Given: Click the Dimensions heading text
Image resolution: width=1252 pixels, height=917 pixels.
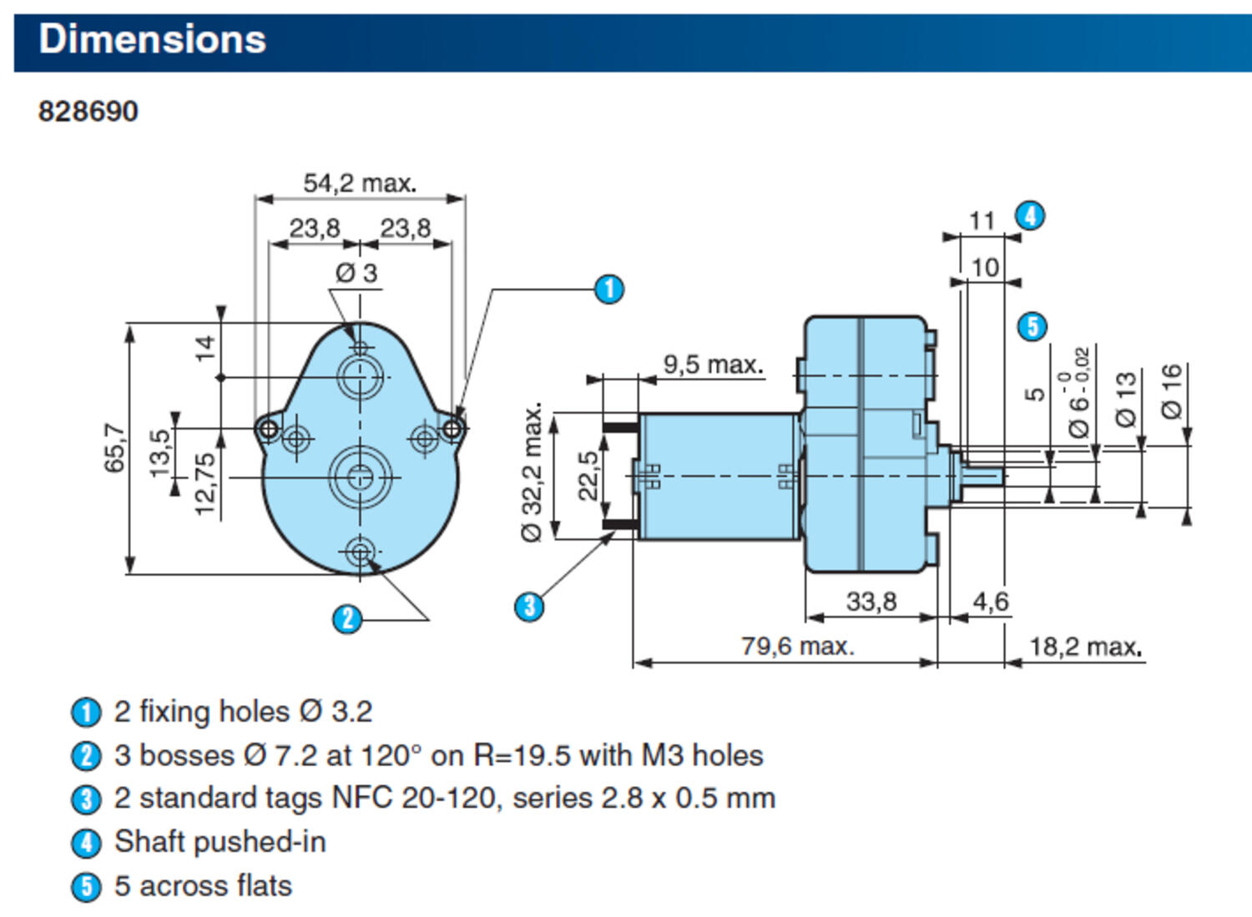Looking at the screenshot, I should point(152,39).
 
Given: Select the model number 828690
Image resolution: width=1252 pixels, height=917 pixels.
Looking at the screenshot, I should point(88,111).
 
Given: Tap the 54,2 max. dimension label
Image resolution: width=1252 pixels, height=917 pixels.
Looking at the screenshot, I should point(359,183).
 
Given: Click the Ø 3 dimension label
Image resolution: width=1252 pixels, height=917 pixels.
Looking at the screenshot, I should point(356,273).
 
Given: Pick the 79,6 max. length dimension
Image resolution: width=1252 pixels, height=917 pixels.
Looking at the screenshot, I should point(797,646).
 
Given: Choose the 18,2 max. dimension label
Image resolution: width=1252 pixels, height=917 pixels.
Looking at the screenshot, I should point(1085,646).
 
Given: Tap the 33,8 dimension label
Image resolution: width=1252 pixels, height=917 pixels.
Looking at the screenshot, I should point(871,601).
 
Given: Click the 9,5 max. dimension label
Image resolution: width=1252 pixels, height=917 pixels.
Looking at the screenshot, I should point(713,365).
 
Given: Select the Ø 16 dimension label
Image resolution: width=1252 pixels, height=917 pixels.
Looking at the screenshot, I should point(1172,390).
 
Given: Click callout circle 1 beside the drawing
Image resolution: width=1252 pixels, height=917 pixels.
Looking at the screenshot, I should point(608,289).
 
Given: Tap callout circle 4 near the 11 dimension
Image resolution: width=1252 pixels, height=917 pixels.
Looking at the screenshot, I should point(1030,216).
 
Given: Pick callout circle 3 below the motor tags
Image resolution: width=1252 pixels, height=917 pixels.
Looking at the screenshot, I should point(529,606).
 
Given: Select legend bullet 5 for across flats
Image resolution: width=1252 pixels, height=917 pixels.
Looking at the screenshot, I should point(86,886).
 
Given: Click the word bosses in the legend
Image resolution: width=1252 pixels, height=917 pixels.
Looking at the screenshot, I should point(186,755).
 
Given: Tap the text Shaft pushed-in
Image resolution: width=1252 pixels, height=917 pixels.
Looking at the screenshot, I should point(220,841).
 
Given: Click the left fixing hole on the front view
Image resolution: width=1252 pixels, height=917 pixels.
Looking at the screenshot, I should point(268,430).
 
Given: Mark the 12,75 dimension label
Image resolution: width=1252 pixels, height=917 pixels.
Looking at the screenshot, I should point(204,484).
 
